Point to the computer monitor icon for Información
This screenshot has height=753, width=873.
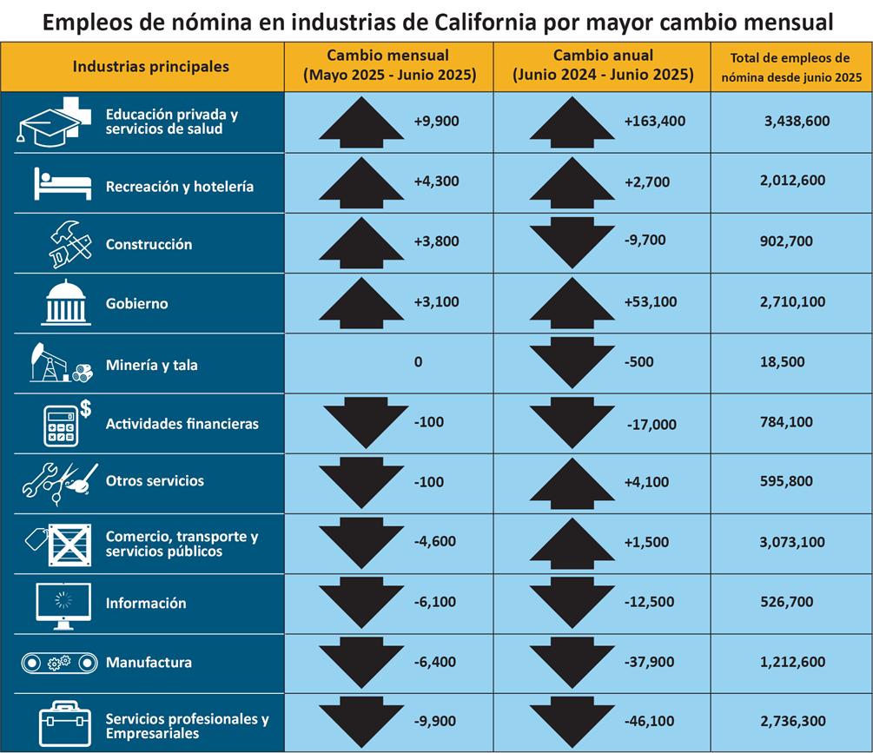(x=63, y=604)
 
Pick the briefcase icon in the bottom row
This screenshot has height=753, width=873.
(x=63, y=720)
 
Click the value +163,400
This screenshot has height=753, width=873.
(x=654, y=122)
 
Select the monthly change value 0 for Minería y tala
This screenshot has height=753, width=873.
(x=418, y=362)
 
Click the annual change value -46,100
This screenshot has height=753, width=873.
(x=651, y=721)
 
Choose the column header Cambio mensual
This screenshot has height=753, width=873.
(x=388, y=55)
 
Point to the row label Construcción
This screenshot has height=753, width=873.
(x=149, y=245)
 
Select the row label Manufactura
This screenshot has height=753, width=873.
(x=149, y=663)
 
